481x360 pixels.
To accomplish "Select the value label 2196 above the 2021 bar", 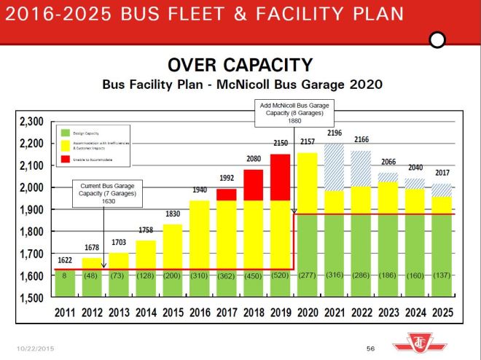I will (x=334, y=133).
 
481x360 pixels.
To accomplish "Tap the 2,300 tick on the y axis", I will (x=32, y=122).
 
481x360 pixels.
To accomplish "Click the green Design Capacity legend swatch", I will (x=63, y=133).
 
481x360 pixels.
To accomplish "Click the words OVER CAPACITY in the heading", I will (x=240, y=65).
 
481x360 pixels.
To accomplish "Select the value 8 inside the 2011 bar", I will (x=65, y=276).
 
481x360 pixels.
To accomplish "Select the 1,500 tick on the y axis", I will (x=32, y=298).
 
